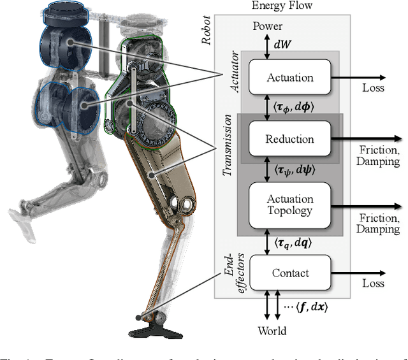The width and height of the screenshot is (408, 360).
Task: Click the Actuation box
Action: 289,78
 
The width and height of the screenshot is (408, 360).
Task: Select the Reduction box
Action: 289,139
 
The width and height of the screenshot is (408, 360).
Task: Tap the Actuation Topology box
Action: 289,205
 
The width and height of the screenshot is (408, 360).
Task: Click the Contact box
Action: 289,273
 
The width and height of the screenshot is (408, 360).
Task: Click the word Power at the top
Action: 268,27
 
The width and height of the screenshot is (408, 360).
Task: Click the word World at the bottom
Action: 272,331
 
